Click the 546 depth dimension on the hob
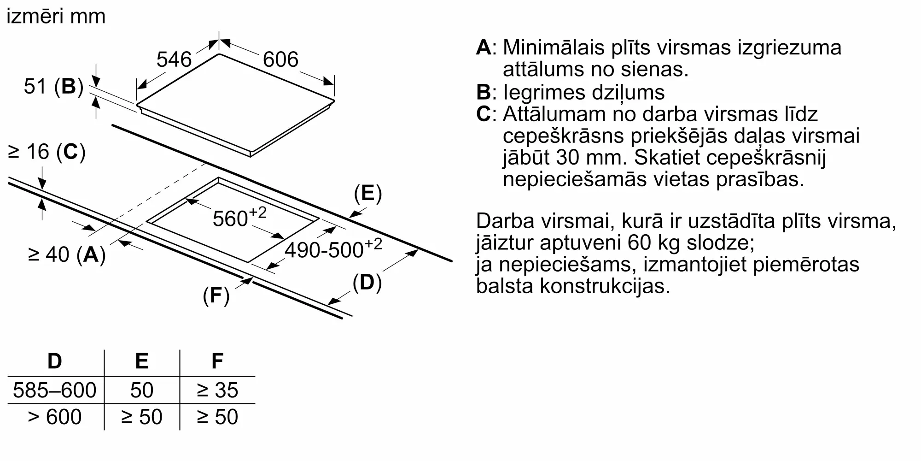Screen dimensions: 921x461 click(174, 59)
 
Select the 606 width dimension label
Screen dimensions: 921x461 click(280, 59)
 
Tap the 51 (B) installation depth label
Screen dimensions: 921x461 click(53, 86)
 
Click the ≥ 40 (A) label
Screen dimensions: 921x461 click(67, 254)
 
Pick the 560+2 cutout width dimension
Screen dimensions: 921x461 click(239, 217)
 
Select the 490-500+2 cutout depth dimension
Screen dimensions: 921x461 click(333, 248)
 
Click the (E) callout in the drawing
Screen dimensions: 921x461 click(367, 194)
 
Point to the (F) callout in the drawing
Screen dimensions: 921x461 click(216, 295)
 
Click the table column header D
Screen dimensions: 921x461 click(55, 361)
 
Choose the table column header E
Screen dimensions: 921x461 click(142, 361)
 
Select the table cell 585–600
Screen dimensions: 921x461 click(55, 390)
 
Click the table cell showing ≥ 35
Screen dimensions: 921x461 click(217, 390)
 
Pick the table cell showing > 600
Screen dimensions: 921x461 click(55, 417)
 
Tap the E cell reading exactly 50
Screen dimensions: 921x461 click(141, 390)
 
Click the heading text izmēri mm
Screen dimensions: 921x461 click(56, 17)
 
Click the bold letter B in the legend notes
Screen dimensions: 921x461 click(484, 92)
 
